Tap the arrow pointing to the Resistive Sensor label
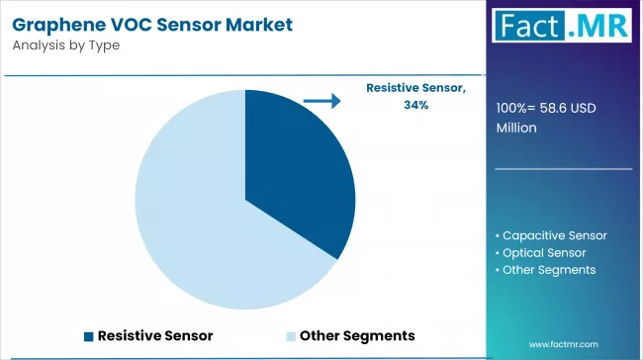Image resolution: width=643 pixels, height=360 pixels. tap(322, 100)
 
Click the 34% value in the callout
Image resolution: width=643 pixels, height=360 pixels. tap(415, 105)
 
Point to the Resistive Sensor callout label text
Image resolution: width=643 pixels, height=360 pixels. tap(414, 88)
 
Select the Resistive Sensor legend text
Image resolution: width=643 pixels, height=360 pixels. tap(154, 335)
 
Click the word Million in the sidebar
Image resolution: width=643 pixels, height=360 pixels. tap(516, 128)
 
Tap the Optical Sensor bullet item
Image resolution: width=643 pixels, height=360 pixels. tap(545, 252)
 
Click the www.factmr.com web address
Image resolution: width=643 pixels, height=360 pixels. tap(564, 344)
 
